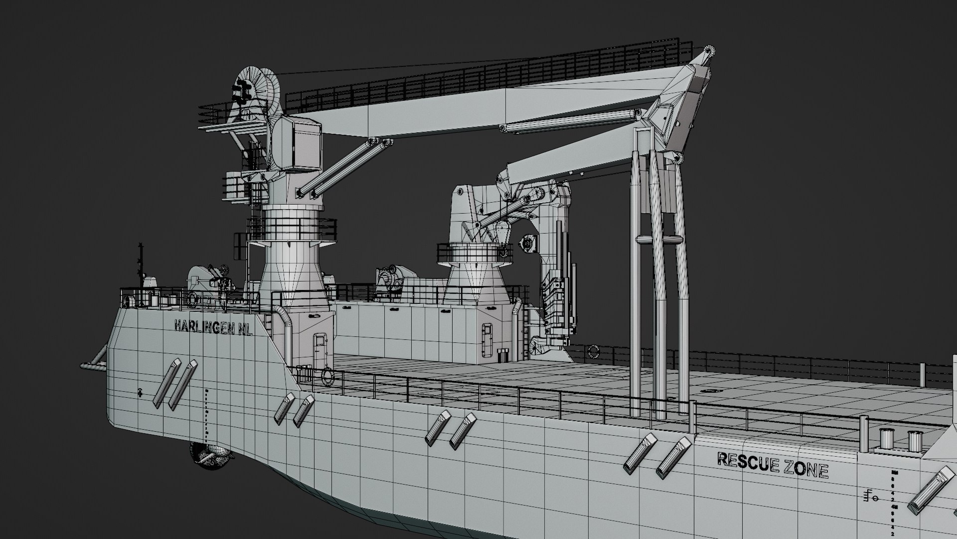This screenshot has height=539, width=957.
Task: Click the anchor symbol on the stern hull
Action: pos(141,393)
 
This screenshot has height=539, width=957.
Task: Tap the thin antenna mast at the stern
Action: pos(141,265)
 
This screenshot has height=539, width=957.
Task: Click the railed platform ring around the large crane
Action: pos(292,227)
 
